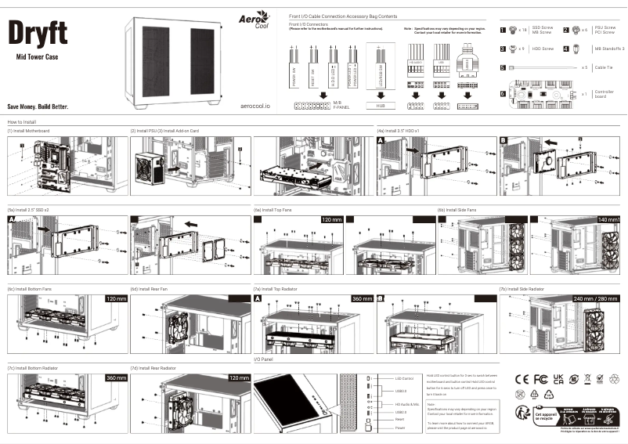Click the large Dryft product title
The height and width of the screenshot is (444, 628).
[x=38, y=32]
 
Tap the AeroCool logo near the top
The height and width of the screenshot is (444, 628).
[x=256, y=20]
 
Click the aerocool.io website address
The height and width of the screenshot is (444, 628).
[x=255, y=105]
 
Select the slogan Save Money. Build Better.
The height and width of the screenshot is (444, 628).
[x=38, y=106]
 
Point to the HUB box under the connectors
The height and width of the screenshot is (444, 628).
[x=381, y=104]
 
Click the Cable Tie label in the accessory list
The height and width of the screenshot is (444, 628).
[x=604, y=68]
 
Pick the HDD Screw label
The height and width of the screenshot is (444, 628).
[x=543, y=49]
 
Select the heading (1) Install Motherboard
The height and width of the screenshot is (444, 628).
[x=28, y=131]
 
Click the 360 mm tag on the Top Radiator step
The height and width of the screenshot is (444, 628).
[x=362, y=298]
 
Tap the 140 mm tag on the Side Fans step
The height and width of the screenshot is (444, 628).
[x=608, y=220]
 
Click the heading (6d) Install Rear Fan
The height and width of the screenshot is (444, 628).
[x=150, y=289]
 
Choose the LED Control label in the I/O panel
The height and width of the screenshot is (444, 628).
[x=404, y=379]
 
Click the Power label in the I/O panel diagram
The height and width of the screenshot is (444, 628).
[x=400, y=428]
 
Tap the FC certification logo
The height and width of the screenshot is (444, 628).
[x=540, y=379]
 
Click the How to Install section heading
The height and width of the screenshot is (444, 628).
[x=22, y=122]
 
